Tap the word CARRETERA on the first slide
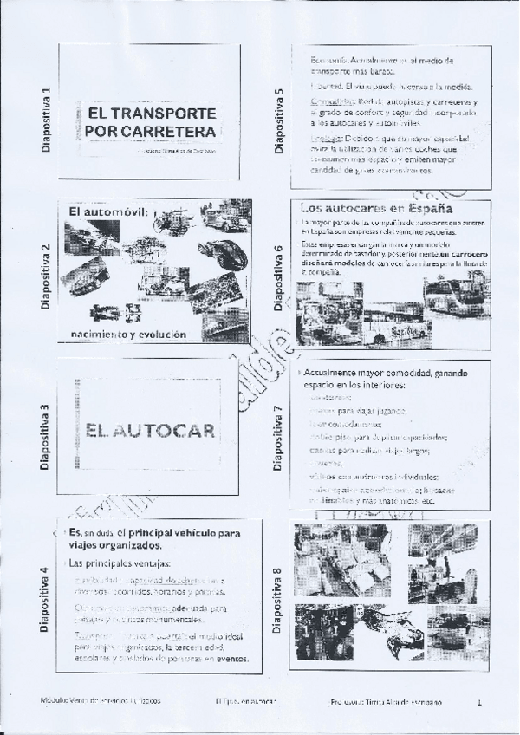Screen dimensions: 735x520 [164, 132]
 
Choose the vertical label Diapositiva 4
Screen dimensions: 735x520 [44, 601]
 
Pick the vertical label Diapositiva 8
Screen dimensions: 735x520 [278, 601]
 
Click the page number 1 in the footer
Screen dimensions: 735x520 [478, 699]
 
